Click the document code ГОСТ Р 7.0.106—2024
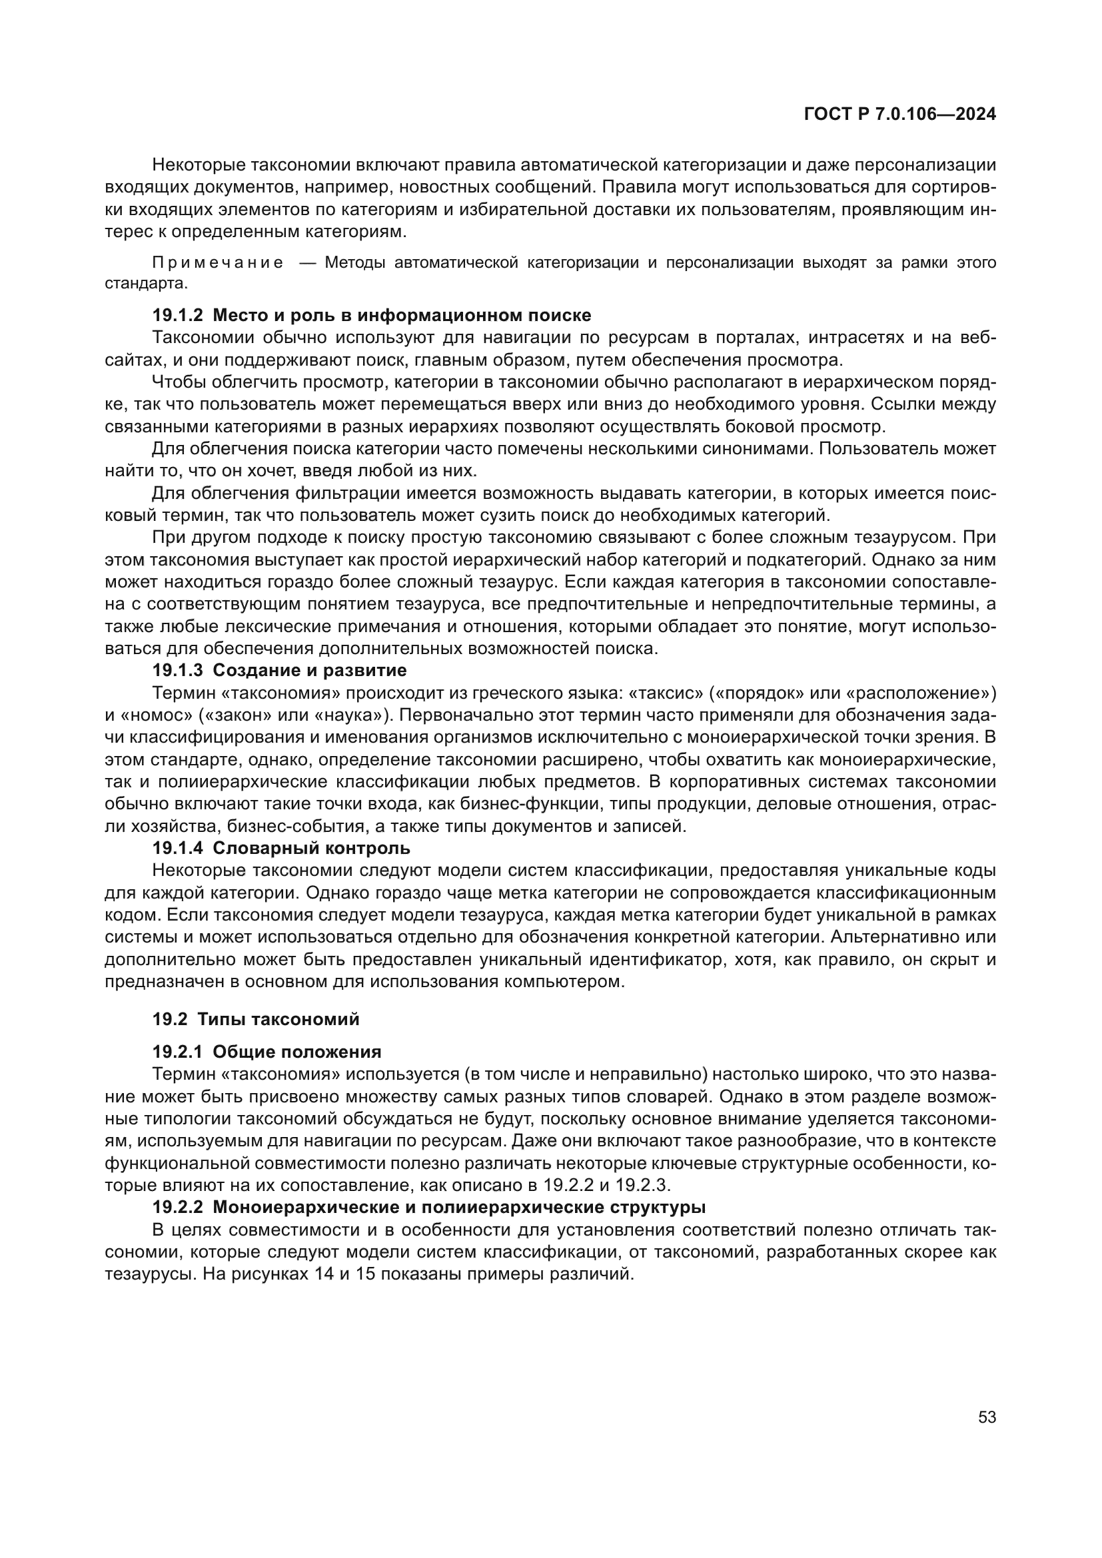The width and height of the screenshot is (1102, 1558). (899, 114)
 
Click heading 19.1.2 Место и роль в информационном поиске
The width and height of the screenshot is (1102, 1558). (371, 315)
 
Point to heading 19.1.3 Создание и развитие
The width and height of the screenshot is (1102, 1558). (279, 671)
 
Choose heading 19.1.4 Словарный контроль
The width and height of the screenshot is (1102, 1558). (281, 848)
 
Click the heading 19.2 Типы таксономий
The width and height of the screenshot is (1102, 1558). (255, 1019)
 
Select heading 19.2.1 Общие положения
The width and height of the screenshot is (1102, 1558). (267, 1052)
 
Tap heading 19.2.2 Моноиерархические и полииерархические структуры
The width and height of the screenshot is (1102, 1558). (428, 1207)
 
